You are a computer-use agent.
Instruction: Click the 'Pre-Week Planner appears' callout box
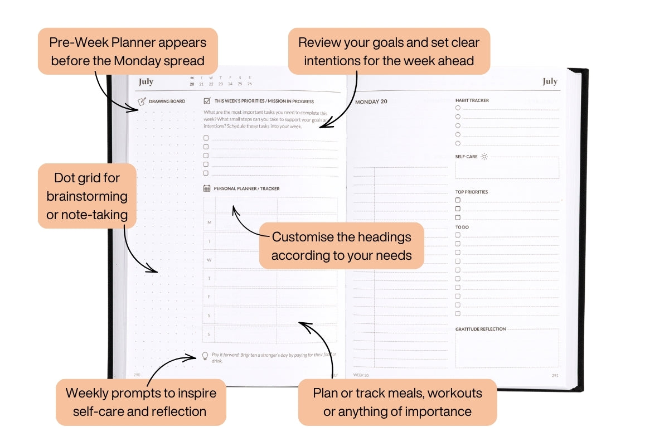[128, 51]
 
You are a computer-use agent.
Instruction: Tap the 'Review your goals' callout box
[389, 51]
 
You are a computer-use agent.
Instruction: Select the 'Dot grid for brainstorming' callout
[87, 196]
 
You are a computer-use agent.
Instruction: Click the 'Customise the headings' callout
[341, 246]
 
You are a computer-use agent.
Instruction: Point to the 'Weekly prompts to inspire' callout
[140, 402]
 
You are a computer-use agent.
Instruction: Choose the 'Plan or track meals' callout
[397, 402]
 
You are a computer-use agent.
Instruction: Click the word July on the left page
[146, 82]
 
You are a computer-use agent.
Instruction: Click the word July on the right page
[550, 81]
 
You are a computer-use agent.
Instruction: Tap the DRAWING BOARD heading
[167, 101]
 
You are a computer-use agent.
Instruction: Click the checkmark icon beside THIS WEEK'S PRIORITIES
[207, 101]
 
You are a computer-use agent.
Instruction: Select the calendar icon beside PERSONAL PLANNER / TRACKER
[207, 188]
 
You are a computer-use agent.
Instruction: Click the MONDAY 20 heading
[371, 102]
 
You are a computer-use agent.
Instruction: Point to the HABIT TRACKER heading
[472, 100]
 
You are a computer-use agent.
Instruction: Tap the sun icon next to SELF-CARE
[484, 157]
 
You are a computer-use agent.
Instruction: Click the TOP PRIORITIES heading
[471, 192]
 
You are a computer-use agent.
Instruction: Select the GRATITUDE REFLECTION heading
[481, 329]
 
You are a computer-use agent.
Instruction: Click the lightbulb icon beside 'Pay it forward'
[205, 356]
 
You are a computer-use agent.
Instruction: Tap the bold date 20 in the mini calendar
[192, 84]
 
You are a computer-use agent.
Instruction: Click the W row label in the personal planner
[209, 260]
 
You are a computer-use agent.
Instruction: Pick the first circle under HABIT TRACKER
[458, 108]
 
